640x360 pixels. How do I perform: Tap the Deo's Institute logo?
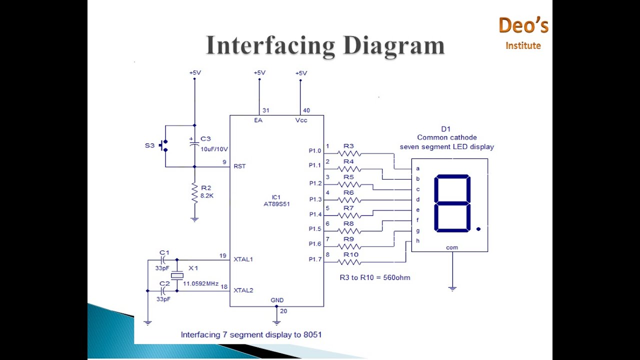[523, 33]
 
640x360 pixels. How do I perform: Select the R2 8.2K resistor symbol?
[194, 193]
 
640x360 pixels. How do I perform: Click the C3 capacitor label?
[205, 138]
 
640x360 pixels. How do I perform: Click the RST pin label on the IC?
[239, 166]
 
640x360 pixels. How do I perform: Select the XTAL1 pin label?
[243, 259]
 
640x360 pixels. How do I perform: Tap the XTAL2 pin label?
[243, 290]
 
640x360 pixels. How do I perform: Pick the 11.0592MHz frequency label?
[200, 283]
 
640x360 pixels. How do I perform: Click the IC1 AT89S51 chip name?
[276, 200]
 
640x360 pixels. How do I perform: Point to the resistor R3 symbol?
[349, 153]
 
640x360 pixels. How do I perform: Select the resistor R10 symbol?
[349, 261]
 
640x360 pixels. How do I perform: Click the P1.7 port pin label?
[315, 259]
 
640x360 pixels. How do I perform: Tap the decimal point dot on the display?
[478, 229]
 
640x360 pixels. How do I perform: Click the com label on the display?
[452, 247]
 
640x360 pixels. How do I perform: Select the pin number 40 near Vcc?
[306, 110]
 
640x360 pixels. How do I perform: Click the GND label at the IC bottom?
[277, 300]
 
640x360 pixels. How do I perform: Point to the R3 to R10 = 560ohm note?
[374, 277]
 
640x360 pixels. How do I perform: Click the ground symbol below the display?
[452, 288]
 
